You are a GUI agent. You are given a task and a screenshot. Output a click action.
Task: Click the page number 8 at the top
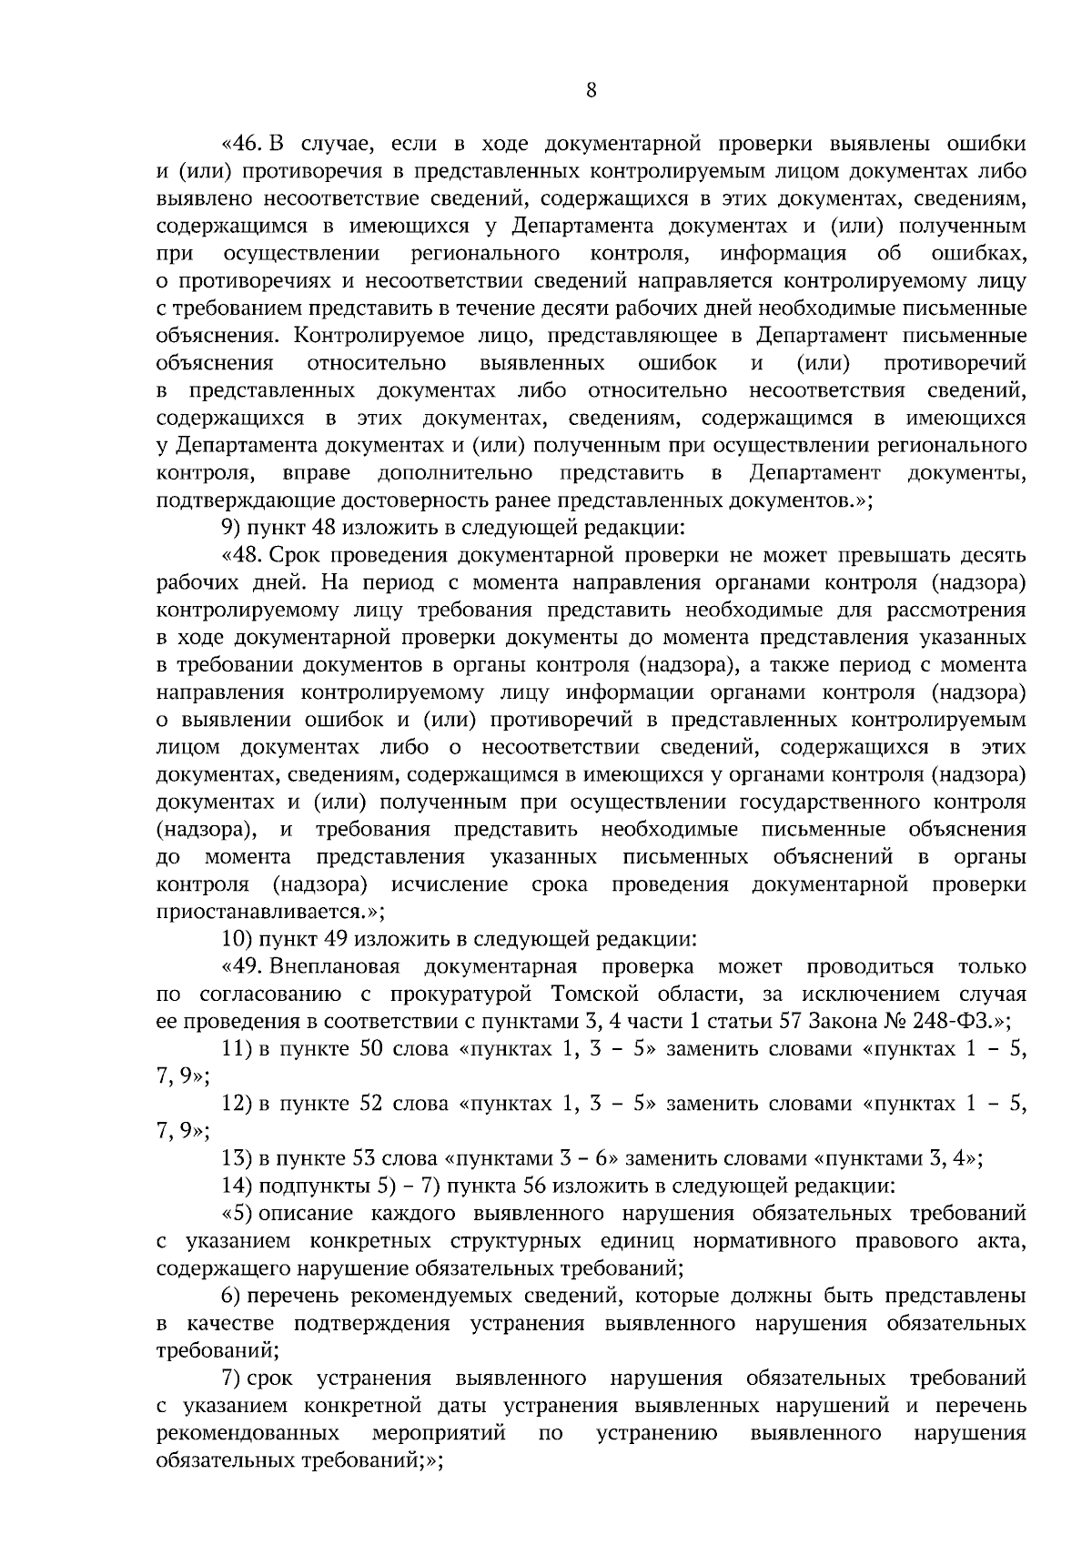coord(591,89)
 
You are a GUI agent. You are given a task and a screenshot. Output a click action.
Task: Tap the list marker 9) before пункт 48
coord(231,528)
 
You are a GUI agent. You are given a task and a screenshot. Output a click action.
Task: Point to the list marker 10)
coord(236,939)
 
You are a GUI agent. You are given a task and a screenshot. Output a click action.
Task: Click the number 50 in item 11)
coord(372,1049)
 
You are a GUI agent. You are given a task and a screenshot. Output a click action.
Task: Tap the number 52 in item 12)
coord(372,1104)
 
